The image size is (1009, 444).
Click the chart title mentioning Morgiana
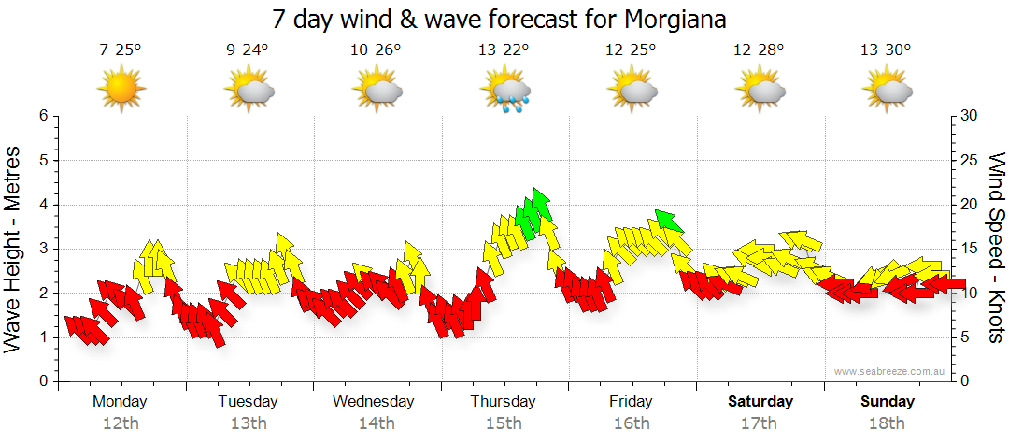(x=499, y=19)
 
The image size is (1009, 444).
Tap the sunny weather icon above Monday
(x=121, y=90)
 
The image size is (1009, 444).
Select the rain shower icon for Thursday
(x=505, y=91)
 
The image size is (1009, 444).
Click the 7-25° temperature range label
(x=121, y=50)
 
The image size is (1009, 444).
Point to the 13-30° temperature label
(x=886, y=50)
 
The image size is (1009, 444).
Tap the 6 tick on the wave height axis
(x=42, y=116)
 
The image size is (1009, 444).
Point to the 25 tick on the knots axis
(x=971, y=160)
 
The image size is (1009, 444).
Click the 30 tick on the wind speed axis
(x=971, y=116)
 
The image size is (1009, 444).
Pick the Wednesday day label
(x=374, y=402)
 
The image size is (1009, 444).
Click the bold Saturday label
(x=760, y=402)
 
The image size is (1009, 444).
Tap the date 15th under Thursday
(x=504, y=423)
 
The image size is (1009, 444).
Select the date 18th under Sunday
(x=888, y=423)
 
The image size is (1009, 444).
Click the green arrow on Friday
(x=669, y=222)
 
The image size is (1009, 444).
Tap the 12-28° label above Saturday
(x=759, y=50)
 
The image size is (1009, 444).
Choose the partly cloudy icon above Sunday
(x=888, y=91)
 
